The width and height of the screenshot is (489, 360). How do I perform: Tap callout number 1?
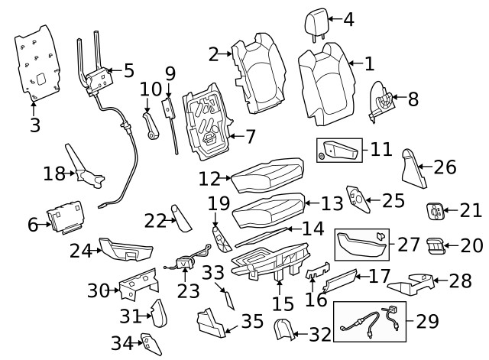[369, 64]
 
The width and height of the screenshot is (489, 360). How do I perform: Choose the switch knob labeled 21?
[435, 209]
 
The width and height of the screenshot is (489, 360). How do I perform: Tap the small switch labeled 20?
[435, 245]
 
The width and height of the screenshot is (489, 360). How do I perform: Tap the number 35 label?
[252, 320]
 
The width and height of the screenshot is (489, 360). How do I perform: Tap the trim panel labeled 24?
[126, 250]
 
